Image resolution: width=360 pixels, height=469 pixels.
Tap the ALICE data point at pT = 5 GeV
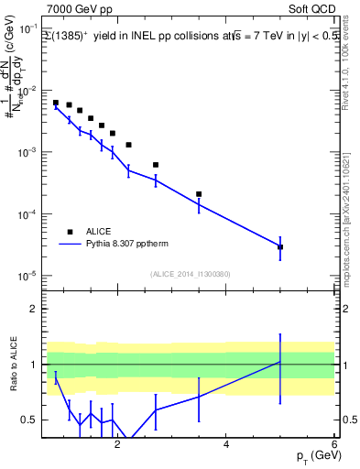click(280, 246)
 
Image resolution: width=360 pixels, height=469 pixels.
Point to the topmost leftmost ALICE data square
click(56, 103)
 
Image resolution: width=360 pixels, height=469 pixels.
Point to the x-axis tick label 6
click(334, 445)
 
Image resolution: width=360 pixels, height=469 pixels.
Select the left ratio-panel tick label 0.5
click(31, 420)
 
